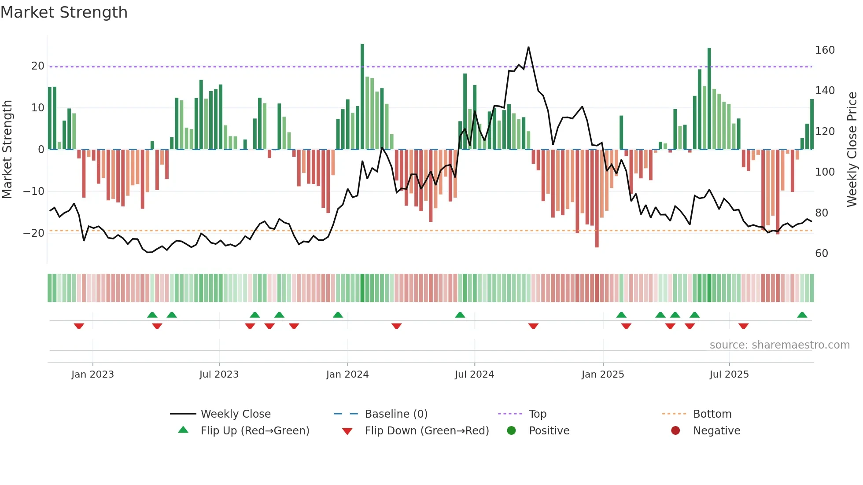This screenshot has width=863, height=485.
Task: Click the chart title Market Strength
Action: (64, 12)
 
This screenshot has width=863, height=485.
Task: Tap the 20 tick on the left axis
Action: (38, 66)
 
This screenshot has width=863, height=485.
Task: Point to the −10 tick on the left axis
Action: (34, 191)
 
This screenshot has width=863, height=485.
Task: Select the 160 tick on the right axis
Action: (825, 50)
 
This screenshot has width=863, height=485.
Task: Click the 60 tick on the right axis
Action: (822, 254)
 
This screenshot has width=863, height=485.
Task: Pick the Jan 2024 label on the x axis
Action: (347, 375)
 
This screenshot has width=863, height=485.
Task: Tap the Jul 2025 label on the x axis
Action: (729, 375)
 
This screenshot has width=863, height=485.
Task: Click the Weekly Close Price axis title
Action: (852, 150)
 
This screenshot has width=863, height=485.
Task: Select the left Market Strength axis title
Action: (7, 150)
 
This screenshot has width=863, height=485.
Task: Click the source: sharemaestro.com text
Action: (779, 345)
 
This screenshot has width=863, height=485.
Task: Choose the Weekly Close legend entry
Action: (236, 414)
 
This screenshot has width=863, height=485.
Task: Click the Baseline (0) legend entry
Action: (396, 414)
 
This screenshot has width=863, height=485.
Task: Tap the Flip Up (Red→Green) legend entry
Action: (254, 431)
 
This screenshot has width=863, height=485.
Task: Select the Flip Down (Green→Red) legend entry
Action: (427, 431)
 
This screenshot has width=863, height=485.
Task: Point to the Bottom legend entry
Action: (712, 414)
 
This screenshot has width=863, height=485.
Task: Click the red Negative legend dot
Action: (675, 431)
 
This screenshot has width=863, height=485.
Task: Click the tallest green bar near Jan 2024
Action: (362, 97)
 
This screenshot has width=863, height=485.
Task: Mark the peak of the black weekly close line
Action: (528, 47)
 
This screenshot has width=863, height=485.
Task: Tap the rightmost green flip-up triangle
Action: (802, 315)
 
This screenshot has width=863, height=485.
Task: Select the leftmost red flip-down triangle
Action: (79, 326)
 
